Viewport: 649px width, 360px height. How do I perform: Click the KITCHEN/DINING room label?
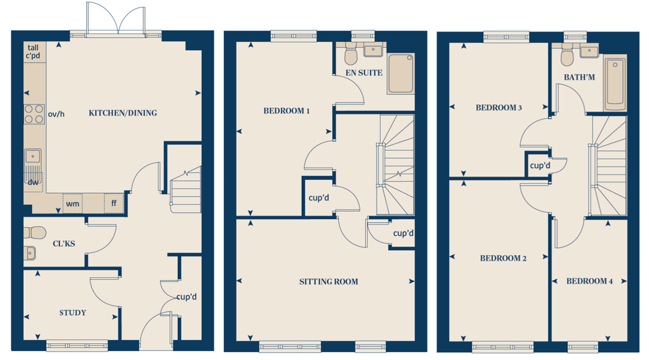123,113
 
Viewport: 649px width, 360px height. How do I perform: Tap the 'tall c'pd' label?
33,52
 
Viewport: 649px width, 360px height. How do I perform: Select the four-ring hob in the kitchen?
34,114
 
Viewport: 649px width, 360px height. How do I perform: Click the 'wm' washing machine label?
72,204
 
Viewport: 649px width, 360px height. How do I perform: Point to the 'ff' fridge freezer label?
114,203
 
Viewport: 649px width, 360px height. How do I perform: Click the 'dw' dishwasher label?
33,182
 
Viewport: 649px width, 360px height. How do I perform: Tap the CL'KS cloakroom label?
64,244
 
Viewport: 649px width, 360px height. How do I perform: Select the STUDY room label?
73,313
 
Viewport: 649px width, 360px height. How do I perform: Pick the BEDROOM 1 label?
286,111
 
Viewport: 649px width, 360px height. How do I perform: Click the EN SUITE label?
364,73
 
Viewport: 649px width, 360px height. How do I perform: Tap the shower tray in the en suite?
401,74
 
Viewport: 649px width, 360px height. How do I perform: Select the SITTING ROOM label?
329,282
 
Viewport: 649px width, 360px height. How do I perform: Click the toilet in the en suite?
351,54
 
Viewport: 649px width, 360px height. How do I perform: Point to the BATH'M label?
580,77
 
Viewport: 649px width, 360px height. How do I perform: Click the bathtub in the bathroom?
615,84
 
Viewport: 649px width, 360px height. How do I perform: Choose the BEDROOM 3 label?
499,108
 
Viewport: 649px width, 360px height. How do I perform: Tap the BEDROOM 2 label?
504,259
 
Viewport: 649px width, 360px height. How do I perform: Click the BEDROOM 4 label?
589,282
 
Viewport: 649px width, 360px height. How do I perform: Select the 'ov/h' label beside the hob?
56,114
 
